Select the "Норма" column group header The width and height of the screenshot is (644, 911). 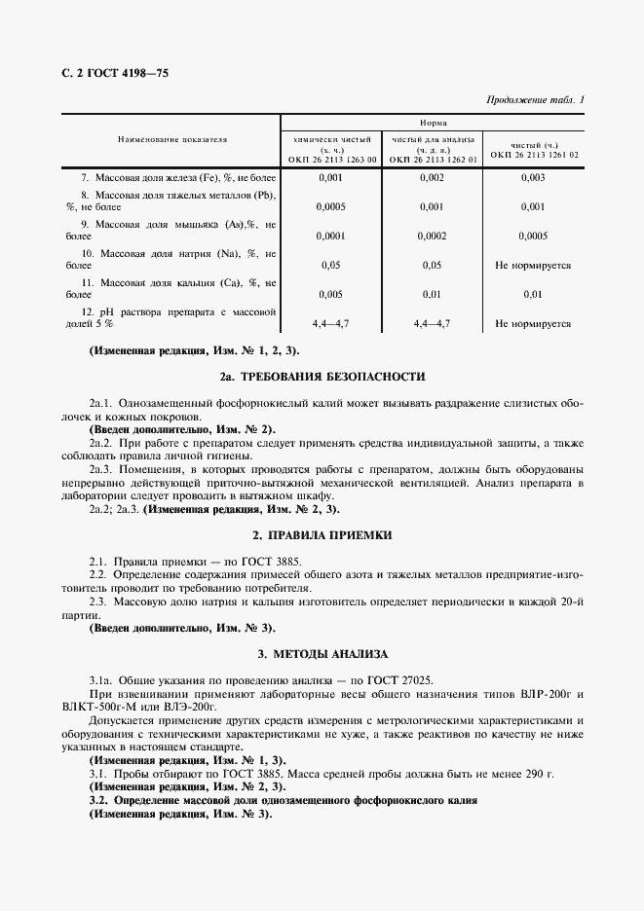(434, 125)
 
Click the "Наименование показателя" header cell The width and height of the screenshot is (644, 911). (172, 140)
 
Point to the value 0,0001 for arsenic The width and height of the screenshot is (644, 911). (331, 236)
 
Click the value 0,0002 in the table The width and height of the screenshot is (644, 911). (432, 236)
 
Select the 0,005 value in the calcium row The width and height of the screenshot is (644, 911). (331, 294)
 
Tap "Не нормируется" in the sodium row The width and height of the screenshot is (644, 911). (533, 265)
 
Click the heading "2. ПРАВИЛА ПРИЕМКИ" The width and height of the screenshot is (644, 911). (322, 535)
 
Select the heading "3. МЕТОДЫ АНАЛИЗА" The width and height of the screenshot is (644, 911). (322, 653)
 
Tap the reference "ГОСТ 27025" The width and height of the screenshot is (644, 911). (402, 679)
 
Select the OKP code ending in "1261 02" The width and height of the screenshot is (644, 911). (534, 154)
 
